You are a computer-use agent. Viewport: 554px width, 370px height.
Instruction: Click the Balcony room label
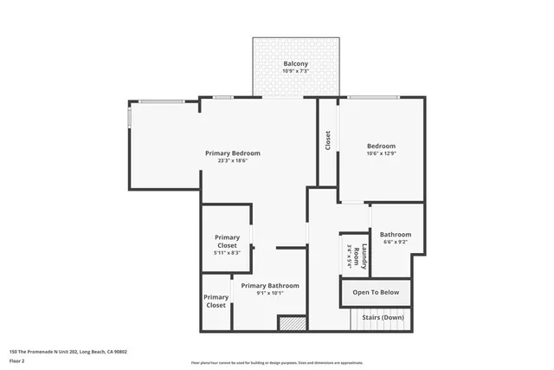(296, 64)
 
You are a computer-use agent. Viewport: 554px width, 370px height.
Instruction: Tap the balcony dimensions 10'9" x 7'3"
(296, 72)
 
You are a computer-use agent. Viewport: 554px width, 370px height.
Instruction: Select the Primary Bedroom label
(232, 153)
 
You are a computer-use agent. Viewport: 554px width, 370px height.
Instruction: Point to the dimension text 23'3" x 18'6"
(232, 160)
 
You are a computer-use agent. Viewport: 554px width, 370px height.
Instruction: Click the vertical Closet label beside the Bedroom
(328, 140)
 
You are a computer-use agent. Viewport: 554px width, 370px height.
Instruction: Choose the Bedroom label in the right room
(381, 146)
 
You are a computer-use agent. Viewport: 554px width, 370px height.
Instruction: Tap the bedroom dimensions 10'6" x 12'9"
(381, 153)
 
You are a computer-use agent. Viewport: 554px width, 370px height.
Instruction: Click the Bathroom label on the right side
(396, 234)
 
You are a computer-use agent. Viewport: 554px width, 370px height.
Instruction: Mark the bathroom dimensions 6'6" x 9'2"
(396, 242)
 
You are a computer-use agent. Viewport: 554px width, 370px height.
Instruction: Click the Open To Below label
(375, 293)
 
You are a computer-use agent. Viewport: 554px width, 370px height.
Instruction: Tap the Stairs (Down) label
(383, 318)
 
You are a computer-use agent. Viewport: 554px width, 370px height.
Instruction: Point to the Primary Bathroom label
(270, 285)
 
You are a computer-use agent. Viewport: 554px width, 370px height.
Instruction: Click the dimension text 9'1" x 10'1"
(270, 293)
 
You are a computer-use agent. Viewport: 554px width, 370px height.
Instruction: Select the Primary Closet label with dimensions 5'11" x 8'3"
(227, 241)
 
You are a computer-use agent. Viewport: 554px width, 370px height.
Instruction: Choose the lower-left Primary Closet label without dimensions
(216, 301)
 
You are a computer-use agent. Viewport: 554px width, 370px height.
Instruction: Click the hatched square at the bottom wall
(292, 322)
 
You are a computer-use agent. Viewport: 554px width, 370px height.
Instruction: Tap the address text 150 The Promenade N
(68, 352)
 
